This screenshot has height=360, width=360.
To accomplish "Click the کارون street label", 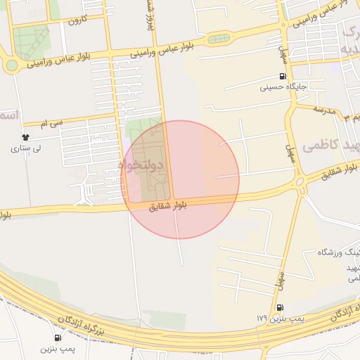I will tap(75, 21).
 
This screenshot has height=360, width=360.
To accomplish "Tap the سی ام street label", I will tap(52, 123).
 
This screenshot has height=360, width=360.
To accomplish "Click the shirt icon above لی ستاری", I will tap(26, 137).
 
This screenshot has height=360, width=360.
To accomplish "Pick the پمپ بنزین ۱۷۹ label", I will tap(279, 319).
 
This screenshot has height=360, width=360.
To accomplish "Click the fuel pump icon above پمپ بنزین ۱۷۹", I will tap(280, 308).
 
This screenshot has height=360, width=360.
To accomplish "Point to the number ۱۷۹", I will tap(262, 319).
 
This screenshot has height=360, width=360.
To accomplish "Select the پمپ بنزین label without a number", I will tap(57, 348).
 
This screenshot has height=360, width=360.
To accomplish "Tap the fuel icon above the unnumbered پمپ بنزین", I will tap(57, 337).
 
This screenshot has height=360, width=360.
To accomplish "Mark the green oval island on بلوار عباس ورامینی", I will tap(219, 39).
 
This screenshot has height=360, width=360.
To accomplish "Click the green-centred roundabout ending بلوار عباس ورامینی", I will tap(12, 65).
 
